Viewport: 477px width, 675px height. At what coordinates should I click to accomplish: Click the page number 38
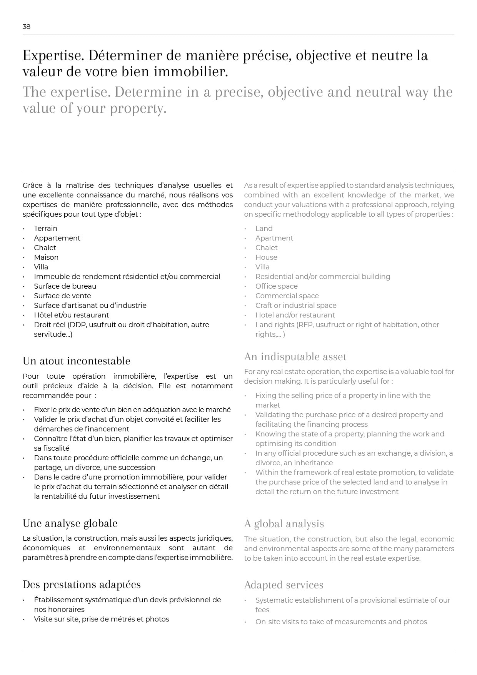[26, 27]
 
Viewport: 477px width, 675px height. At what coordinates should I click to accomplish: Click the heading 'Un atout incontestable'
[76, 361]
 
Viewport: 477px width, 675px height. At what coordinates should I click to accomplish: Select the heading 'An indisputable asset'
[295, 357]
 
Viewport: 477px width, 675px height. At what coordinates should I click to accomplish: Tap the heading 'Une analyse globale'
[70, 523]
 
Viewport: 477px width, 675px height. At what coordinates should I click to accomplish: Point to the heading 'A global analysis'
[284, 524]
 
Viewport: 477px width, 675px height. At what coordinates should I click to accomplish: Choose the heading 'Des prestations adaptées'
[82, 585]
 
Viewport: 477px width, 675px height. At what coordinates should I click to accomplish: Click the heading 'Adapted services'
[284, 585]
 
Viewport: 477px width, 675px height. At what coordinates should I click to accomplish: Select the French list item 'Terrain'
[45, 229]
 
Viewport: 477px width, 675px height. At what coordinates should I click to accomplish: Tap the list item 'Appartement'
[57, 238]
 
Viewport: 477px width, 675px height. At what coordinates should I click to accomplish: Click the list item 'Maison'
[46, 257]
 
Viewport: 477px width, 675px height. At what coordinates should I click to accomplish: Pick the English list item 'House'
[266, 257]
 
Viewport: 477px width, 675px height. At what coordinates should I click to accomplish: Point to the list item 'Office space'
[276, 286]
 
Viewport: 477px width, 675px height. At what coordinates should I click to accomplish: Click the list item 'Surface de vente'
[62, 296]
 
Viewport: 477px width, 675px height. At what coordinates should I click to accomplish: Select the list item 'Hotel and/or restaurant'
[295, 315]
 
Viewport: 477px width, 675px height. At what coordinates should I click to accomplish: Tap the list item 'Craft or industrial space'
[296, 306]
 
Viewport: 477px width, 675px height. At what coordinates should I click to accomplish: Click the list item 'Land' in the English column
[264, 229]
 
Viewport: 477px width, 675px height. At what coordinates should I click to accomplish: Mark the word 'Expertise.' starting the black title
[53, 56]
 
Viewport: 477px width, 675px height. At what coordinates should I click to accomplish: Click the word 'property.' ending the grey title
[138, 109]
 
